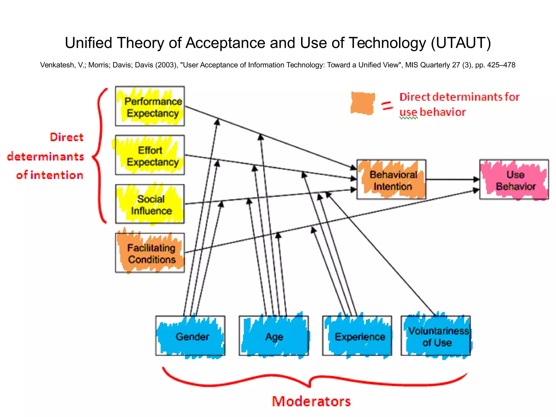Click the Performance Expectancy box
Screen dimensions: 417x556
150,106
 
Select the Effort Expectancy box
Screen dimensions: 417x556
150,155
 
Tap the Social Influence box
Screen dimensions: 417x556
150,204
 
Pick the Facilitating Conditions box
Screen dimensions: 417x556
150,253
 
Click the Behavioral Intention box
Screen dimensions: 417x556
391,180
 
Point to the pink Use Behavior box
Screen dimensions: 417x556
514,180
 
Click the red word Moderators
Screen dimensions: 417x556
311,401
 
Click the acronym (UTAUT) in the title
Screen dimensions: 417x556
461,43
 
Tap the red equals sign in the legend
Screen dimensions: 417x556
387,105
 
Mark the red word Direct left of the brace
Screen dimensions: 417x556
67,137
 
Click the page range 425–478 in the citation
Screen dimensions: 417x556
501,65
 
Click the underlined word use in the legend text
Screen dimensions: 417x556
408,112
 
